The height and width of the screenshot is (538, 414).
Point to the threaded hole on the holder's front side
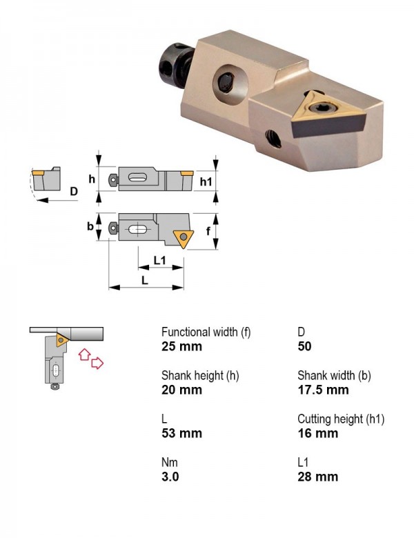(x=273, y=138)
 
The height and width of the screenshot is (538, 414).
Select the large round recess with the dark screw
(x=230, y=84)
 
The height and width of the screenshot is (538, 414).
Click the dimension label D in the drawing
(x=74, y=191)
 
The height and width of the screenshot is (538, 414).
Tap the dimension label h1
(x=206, y=181)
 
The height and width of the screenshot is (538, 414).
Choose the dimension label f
(x=208, y=231)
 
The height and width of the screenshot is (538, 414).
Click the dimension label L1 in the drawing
(x=159, y=261)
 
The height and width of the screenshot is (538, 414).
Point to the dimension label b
(x=90, y=226)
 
